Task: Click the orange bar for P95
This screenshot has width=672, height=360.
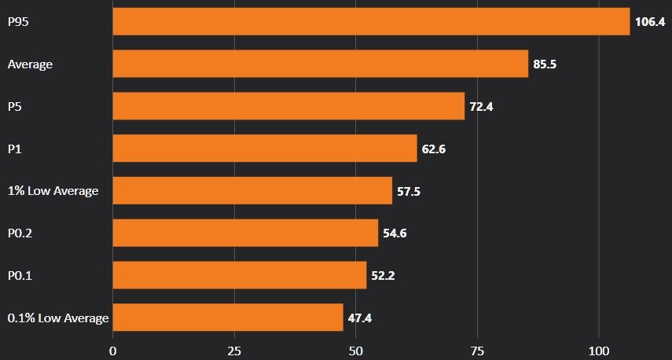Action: coord(371,21)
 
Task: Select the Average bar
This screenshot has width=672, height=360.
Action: coord(321,64)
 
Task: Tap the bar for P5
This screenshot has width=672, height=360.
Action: coord(288,106)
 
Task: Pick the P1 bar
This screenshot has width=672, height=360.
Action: coord(265,148)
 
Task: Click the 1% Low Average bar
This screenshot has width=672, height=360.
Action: coord(252,190)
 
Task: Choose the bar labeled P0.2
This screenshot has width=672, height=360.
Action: coord(245,233)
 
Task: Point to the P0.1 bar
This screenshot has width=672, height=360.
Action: coord(240,275)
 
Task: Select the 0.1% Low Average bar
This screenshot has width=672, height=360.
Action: coord(228,318)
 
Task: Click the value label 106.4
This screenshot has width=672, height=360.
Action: coord(650,22)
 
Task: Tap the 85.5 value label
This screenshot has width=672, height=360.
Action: coord(545,64)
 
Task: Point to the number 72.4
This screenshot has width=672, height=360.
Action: coord(481,107)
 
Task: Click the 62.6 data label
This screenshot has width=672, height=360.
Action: coord(434,149)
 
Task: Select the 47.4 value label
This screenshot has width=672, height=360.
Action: coord(360,318)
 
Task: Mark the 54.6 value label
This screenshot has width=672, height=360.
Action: coord(395,233)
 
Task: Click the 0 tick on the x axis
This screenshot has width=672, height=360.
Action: coord(113,349)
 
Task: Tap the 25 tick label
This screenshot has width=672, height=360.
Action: coord(234,349)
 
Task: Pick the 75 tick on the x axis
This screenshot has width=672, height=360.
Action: coord(477,349)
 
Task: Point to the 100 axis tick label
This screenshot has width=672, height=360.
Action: coord(599,349)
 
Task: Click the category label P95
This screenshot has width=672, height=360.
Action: coord(18,22)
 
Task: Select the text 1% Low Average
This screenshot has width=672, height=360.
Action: coord(53,191)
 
